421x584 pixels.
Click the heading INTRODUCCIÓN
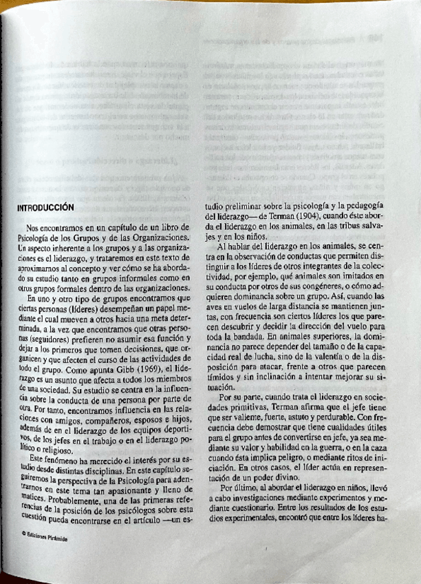click(45, 206)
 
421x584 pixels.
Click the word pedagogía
click(365, 205)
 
